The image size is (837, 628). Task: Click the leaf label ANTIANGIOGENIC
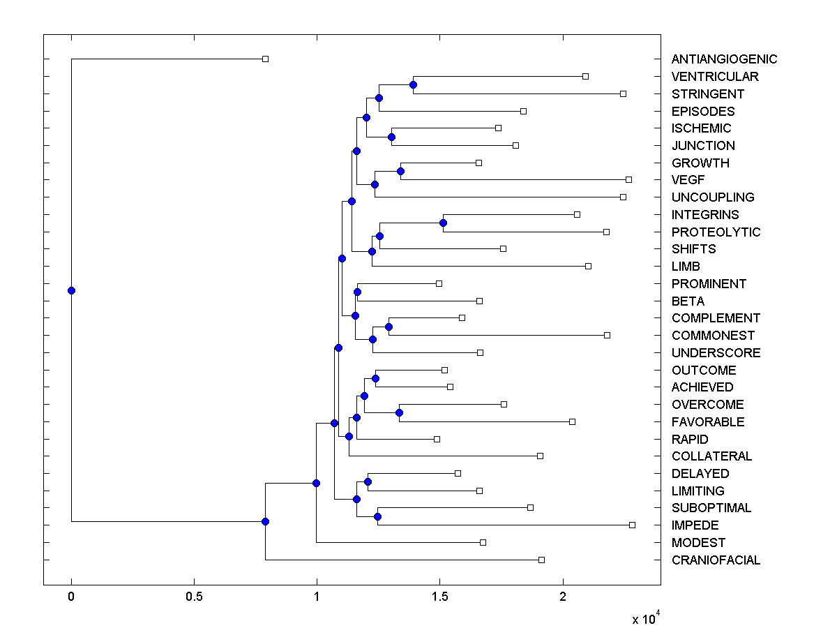(724, 59)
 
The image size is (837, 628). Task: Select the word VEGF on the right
(688, 180)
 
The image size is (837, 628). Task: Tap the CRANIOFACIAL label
(716, 560)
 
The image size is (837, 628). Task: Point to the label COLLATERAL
(711, 456)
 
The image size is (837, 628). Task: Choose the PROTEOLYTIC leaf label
(716, 232)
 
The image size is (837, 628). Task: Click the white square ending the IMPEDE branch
(632, 525)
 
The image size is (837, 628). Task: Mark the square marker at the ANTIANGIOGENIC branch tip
(265, 59)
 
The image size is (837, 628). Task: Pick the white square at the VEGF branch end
(628, 179)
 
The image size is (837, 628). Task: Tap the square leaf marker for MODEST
(483, 542)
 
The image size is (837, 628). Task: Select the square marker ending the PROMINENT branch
(439, 283)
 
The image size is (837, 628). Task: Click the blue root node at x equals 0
(71, 290)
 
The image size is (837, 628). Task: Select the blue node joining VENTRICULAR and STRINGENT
(413, 84)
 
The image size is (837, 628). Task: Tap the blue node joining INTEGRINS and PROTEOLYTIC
(443, 223)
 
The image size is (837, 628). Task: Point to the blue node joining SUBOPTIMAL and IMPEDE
(377, 516)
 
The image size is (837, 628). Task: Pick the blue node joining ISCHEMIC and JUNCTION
(391, 137)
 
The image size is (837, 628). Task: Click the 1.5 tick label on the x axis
(439, 597)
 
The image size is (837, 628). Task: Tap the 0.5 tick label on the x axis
(194, 597)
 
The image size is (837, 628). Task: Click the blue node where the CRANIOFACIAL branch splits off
(265, 521)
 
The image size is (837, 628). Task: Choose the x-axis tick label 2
(562, 597)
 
